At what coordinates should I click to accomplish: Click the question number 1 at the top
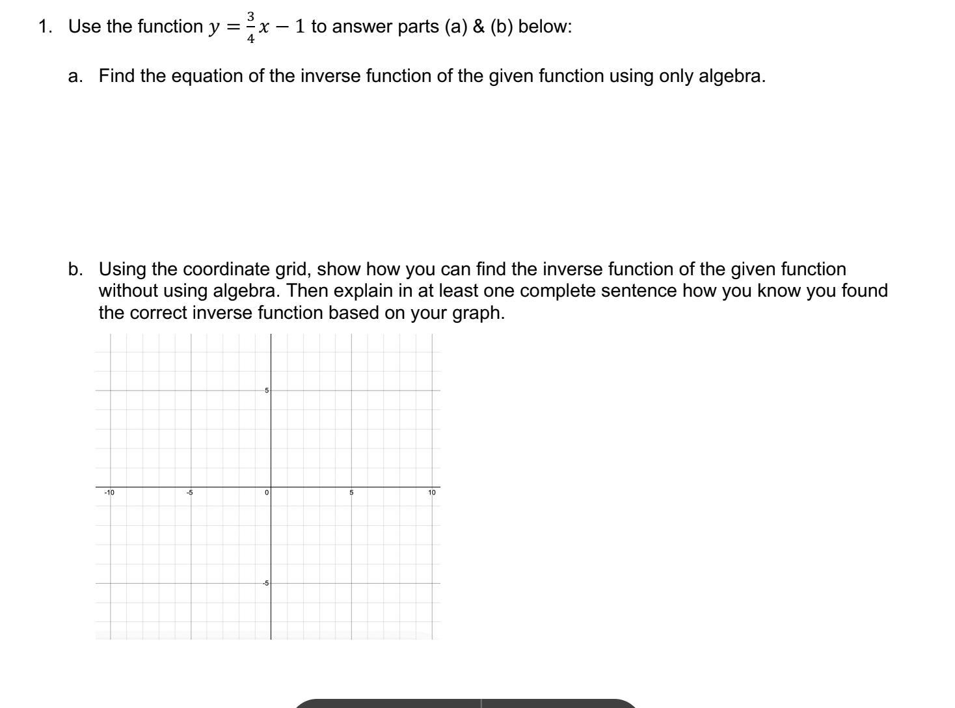(x=44, y=27)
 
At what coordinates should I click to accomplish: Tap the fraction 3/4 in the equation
(x=250, y=27)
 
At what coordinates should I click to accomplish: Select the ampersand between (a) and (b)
(x=479, y=27)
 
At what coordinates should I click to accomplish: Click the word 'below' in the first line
(x=545, y=27)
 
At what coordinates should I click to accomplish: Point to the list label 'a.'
(x=75, y=76)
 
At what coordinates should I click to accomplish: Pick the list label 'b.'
(x=75, y=269)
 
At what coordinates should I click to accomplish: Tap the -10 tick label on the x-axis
(x=109, y=493)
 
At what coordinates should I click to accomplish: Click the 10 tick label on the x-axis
(x=432, y=493)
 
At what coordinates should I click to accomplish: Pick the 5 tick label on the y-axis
(x=266, y=390)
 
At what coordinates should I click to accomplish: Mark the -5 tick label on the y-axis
(x=265, y=583)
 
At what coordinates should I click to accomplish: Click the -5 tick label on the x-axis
(x=189, y=493)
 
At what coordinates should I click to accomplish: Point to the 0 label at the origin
(x=267, y=493)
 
